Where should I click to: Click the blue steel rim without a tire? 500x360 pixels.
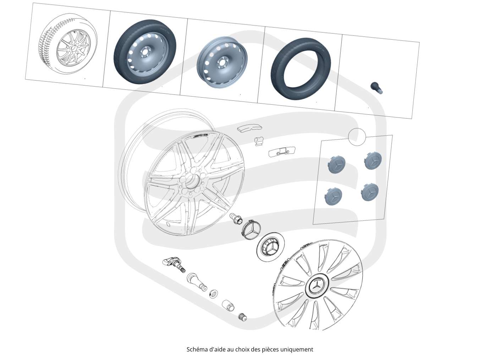[222, 62]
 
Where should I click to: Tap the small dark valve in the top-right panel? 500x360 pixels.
[377, 88]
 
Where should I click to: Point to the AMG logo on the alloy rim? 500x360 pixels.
[200, 135]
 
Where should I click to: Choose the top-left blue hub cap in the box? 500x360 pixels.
[336, 165]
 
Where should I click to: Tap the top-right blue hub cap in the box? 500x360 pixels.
[373, 160]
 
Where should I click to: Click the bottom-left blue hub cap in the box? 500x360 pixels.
[333, 196]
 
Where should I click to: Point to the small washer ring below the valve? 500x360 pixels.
[214, 294]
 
